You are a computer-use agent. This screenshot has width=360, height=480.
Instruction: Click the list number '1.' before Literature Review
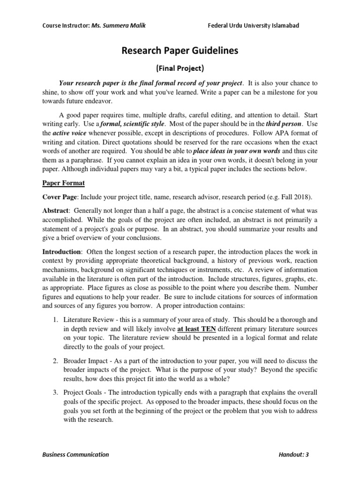coord(55,321)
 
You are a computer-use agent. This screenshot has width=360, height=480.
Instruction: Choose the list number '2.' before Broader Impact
coord(55,360)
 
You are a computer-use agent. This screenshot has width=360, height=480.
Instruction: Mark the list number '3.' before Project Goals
coord(55,392)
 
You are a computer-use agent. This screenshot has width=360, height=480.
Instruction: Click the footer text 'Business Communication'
coord(75,454)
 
